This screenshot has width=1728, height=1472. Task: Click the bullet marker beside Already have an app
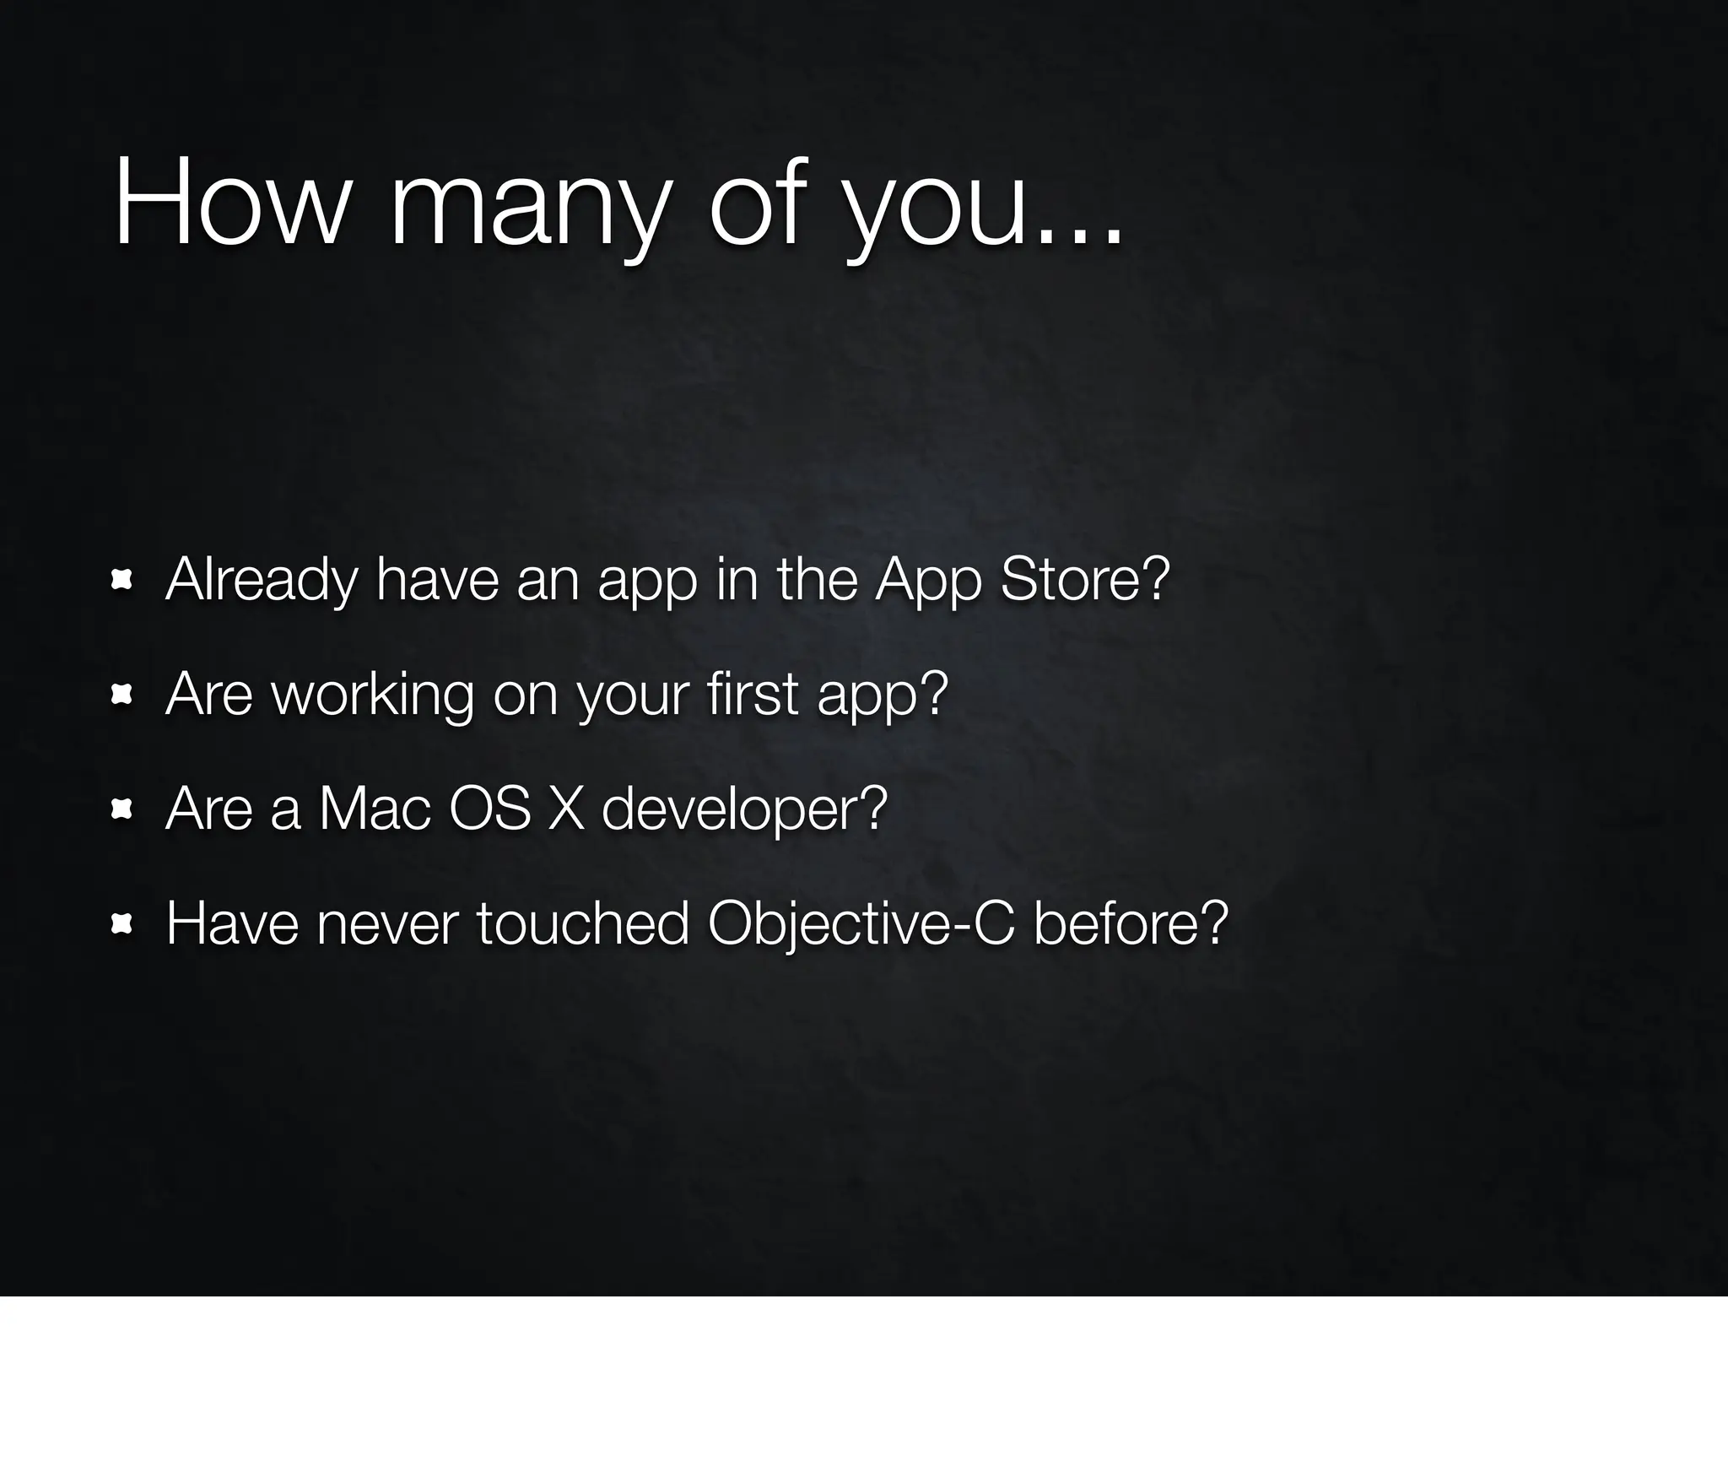122,580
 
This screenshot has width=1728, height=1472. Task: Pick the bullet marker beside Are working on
122,695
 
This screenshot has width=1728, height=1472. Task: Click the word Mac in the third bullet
375,809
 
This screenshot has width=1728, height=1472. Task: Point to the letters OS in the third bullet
490,809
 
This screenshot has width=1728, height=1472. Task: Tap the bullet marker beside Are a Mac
122,809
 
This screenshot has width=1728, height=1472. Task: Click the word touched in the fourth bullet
583,923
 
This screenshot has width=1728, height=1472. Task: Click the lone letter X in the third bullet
565,809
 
